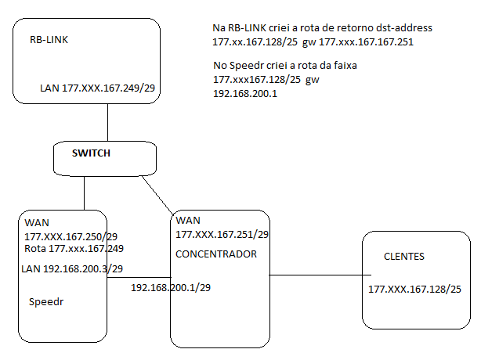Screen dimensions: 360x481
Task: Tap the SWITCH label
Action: click(x=90, y=153)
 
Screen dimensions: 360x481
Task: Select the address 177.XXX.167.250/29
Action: click(x=71, y=236)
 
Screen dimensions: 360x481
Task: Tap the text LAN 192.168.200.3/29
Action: click(x=73, y=268)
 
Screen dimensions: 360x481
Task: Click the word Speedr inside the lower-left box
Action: click(x=45, y=301)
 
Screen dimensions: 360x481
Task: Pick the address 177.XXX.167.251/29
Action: click(x=222, y=234)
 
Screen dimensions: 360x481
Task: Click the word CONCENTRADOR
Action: click(x=215, y=254)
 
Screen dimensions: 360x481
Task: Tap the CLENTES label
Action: click(x=405, y=257)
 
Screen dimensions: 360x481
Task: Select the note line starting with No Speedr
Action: click(x=285, y=66)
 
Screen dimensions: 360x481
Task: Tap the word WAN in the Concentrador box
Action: click(x=189, y=221)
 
